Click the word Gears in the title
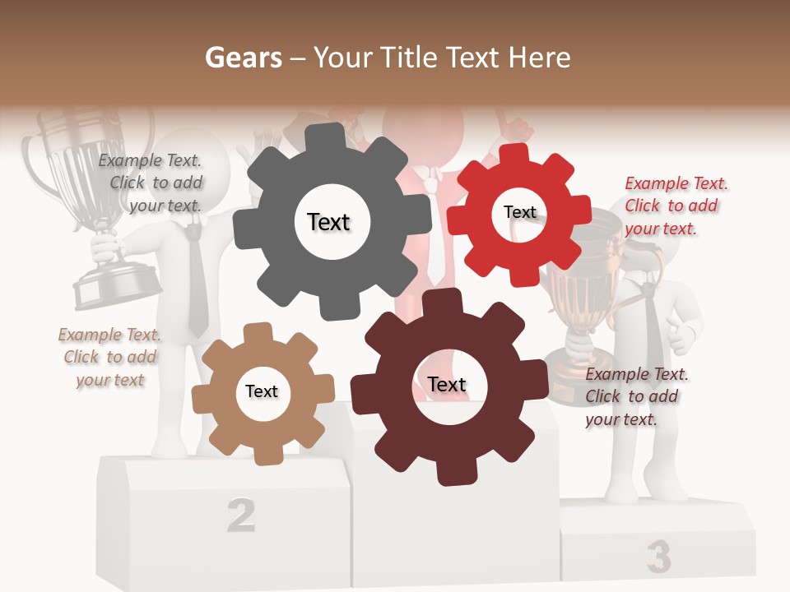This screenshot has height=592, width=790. pyautogui.click(x=242, y=58)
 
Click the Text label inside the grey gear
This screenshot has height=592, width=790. pyautogui.click(x=328, y=222)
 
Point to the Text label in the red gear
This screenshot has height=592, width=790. pyautogui.click(x=519, y=212)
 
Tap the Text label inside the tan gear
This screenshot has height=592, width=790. pyautogui.click(x=262, y=391)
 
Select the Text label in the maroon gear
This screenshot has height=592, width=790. pyautogui.click(x=447, y=384)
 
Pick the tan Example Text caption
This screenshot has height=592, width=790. pyautogui.click(x=109, y=357)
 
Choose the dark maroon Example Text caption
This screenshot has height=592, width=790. pyautogui.click(x=634, y=396)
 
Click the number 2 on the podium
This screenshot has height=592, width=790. pyautogui.click(x=240, y=514)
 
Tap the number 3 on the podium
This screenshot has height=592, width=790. pyautogui.click(x=658, y=557)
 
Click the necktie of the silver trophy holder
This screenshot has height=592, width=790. pyautogui.click(x=196, y=280)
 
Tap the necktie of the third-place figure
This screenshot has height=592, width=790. pyautogui.click(x=652, y=329)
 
